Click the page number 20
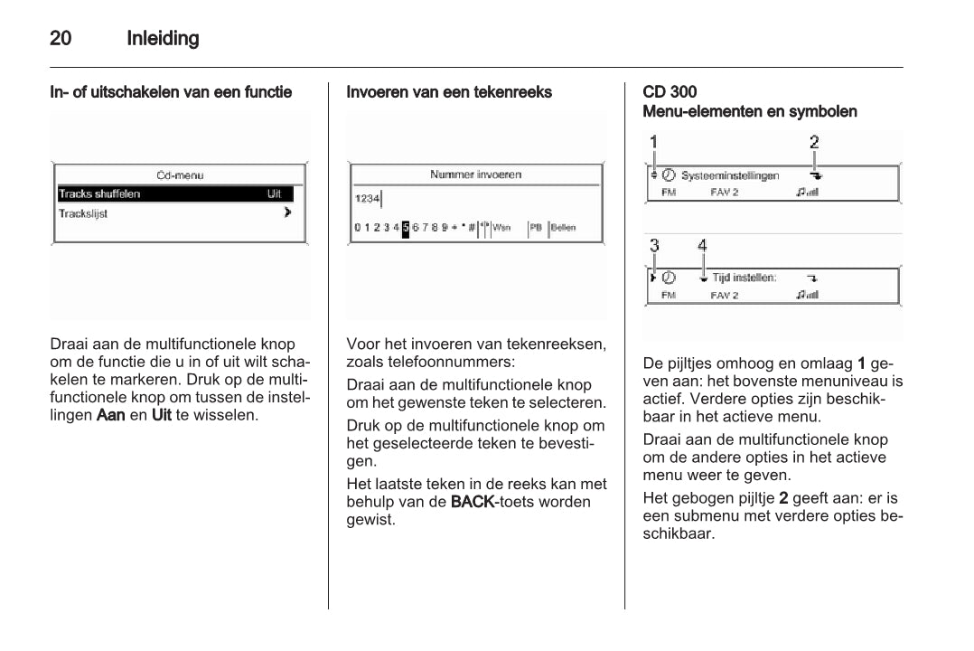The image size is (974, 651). click(61, 39)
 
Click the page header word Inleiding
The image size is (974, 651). click(163, 39)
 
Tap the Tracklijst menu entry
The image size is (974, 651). click(83, 214)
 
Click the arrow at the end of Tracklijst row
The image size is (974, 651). click(287, 213)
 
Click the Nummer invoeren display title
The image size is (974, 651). click(475, 175)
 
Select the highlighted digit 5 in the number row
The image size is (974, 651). click(406, 228)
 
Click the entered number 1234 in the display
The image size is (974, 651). click(367, 198)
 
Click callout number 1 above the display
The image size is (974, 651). click(654, 142)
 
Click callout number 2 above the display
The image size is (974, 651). click(814, 142)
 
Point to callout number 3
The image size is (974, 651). click(654, 245)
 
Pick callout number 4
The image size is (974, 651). click(703, 245)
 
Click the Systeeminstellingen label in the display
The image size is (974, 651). click(730, 175)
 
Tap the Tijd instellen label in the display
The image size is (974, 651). click(745, 278)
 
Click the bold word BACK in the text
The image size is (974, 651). click(470, 502)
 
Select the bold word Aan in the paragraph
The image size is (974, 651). click(109, 415)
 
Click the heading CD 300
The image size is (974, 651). click(670, 92)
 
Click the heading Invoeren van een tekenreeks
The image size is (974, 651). click(449, 92)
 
